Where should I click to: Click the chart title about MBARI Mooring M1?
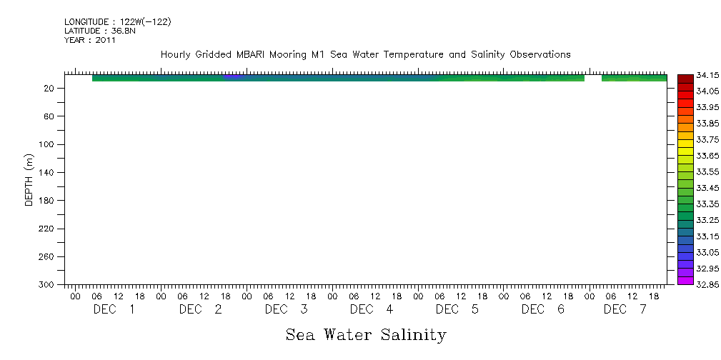click(x=365, y=54)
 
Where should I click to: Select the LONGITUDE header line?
click(x=117, y=22)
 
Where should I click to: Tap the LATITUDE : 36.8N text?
click(x=99, y=31)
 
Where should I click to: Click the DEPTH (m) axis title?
click(x=29, y=179)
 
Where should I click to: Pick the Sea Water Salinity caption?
click(x=365, y=334)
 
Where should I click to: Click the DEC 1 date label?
click(x=114, y=309)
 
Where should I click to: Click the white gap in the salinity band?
click(x=592, y=77)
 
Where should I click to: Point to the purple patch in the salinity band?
click(x=233, y=76)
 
